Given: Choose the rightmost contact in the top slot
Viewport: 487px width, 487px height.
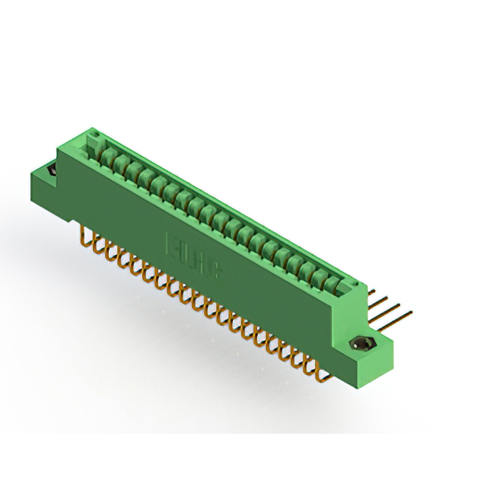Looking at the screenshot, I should pos(333,285).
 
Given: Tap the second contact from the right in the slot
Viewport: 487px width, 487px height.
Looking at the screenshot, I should pos(320,277).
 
